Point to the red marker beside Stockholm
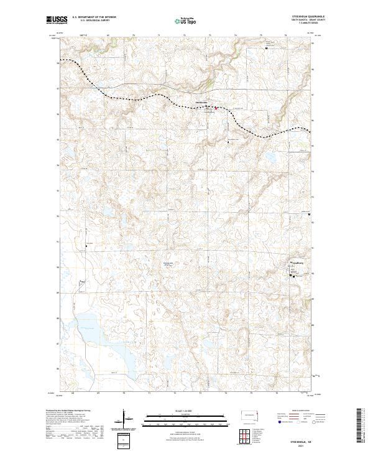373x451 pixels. click(x=216, y=108)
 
